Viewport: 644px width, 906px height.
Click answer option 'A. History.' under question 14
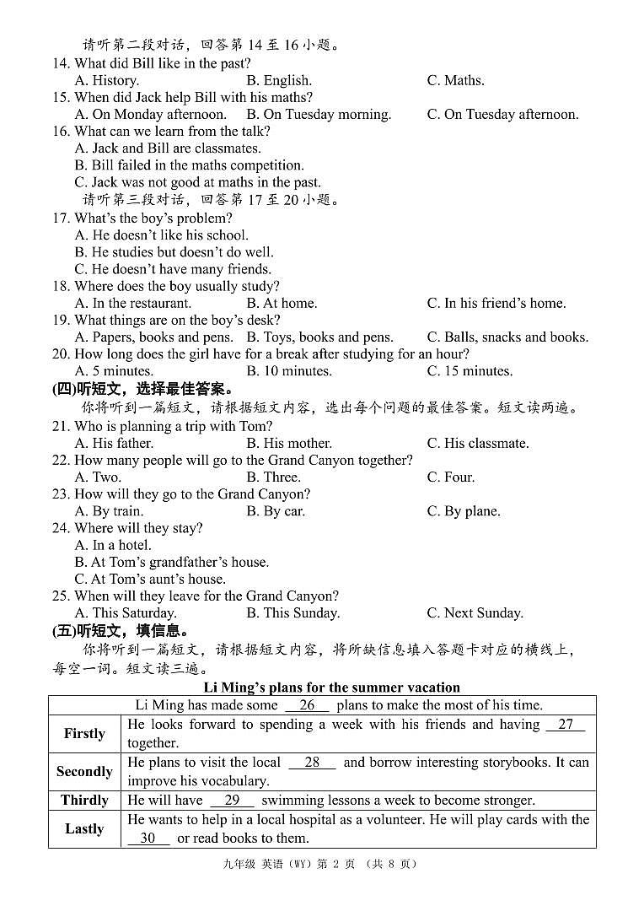[x=107, y=81]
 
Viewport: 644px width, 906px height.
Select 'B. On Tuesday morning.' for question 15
[x=319, y=115]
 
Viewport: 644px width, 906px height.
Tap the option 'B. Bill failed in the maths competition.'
[x=190, y=165]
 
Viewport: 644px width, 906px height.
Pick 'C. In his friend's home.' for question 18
[x=496, y=304]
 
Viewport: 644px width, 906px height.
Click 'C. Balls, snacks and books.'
[x=507, y=337]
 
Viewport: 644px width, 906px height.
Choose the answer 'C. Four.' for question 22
[x=451, y=477]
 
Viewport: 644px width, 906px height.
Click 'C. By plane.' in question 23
[x=464, y=511]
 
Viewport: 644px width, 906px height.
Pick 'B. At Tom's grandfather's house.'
[x=172, y=562]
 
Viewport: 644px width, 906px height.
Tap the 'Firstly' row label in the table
[x=84, y=733]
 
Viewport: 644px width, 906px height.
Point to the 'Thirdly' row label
[x=84, y=800]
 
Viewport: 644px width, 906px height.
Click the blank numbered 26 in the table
[x=307, y=705]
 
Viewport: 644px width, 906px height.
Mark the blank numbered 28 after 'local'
[x=312, y=763]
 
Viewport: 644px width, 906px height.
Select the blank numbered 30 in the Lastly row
[x=148, y=839]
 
